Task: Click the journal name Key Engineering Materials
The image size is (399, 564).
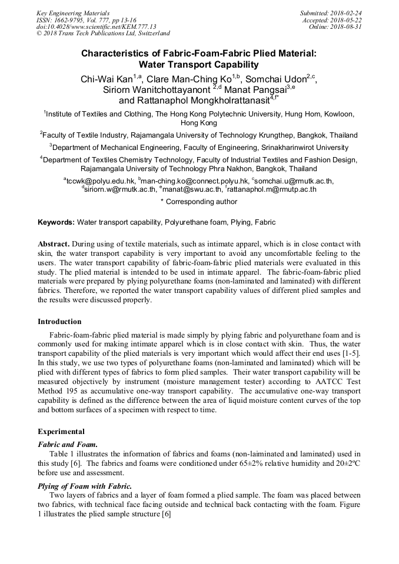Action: pyautogui.click(x=73, y=13)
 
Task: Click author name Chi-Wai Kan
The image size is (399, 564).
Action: pyautogui.click(x=107, y=79)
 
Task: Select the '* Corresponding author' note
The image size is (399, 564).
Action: pyautogui.click(x=199, y=202)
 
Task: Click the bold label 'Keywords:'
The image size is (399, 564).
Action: pyautogui.click(x=56, y=222)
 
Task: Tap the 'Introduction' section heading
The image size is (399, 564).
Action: pyautogui.click(x=59, y=322)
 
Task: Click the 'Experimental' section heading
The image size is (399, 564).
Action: pyautogui.click(x=61, y=431)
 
